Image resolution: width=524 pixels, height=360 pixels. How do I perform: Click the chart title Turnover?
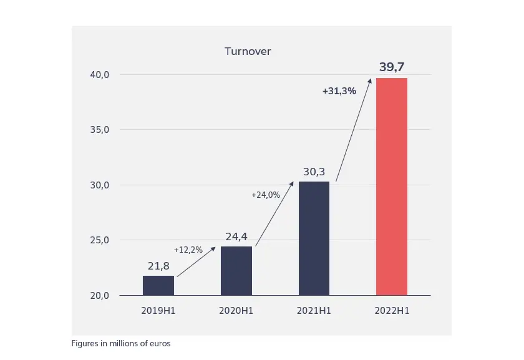248,51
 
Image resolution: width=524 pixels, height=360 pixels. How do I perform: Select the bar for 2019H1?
158,285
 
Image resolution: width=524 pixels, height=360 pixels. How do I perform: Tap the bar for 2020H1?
236,271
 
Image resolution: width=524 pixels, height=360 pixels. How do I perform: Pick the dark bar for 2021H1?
314,238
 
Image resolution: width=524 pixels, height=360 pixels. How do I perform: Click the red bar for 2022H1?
392,187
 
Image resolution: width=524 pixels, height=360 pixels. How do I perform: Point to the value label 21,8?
158,266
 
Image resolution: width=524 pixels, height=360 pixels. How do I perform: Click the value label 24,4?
236,236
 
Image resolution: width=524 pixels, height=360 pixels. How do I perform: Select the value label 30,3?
314,172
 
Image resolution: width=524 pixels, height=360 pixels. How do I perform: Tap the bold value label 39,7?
392,67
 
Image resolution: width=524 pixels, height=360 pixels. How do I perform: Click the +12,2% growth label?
188,250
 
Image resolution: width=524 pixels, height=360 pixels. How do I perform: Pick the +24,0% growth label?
266,195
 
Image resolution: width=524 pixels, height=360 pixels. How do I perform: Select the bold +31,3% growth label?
339,90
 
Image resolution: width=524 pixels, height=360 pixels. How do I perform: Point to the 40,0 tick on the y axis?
100,75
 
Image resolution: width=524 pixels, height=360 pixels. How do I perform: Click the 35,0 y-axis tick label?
100,130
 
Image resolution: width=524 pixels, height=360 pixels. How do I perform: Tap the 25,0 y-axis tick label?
100,240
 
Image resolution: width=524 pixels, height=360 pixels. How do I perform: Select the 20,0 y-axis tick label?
100,296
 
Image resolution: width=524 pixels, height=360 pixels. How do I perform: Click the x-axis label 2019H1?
158,310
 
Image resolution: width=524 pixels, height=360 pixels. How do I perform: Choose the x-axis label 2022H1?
392,310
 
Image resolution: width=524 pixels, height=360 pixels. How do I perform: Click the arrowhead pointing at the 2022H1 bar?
370,80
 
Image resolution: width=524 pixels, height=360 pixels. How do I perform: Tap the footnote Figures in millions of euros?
121,343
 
